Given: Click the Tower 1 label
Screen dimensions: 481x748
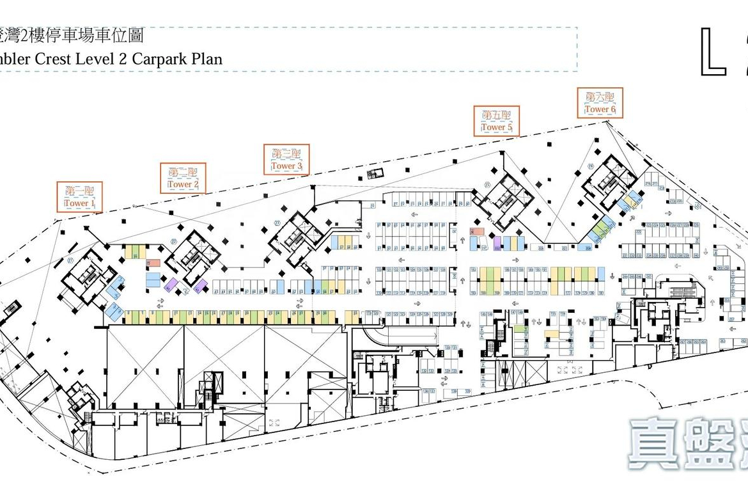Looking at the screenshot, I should point(79,203).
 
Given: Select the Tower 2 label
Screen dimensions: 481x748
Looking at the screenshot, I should point(183,184).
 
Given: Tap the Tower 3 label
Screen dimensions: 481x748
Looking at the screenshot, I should point(286,166).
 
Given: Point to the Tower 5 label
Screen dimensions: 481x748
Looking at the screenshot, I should point(497,127).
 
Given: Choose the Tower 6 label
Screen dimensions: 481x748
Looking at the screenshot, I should point(600,109).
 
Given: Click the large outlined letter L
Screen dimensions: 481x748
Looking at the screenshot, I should point(714,52).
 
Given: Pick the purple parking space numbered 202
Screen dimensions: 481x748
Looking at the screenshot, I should point(497,244).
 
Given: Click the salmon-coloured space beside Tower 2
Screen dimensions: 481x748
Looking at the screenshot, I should point(153,263).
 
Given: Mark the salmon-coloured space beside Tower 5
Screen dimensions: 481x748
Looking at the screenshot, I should point(477,232).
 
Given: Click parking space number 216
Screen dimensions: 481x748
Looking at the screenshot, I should point(647,184).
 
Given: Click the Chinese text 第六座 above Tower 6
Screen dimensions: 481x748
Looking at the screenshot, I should point(600,98).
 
